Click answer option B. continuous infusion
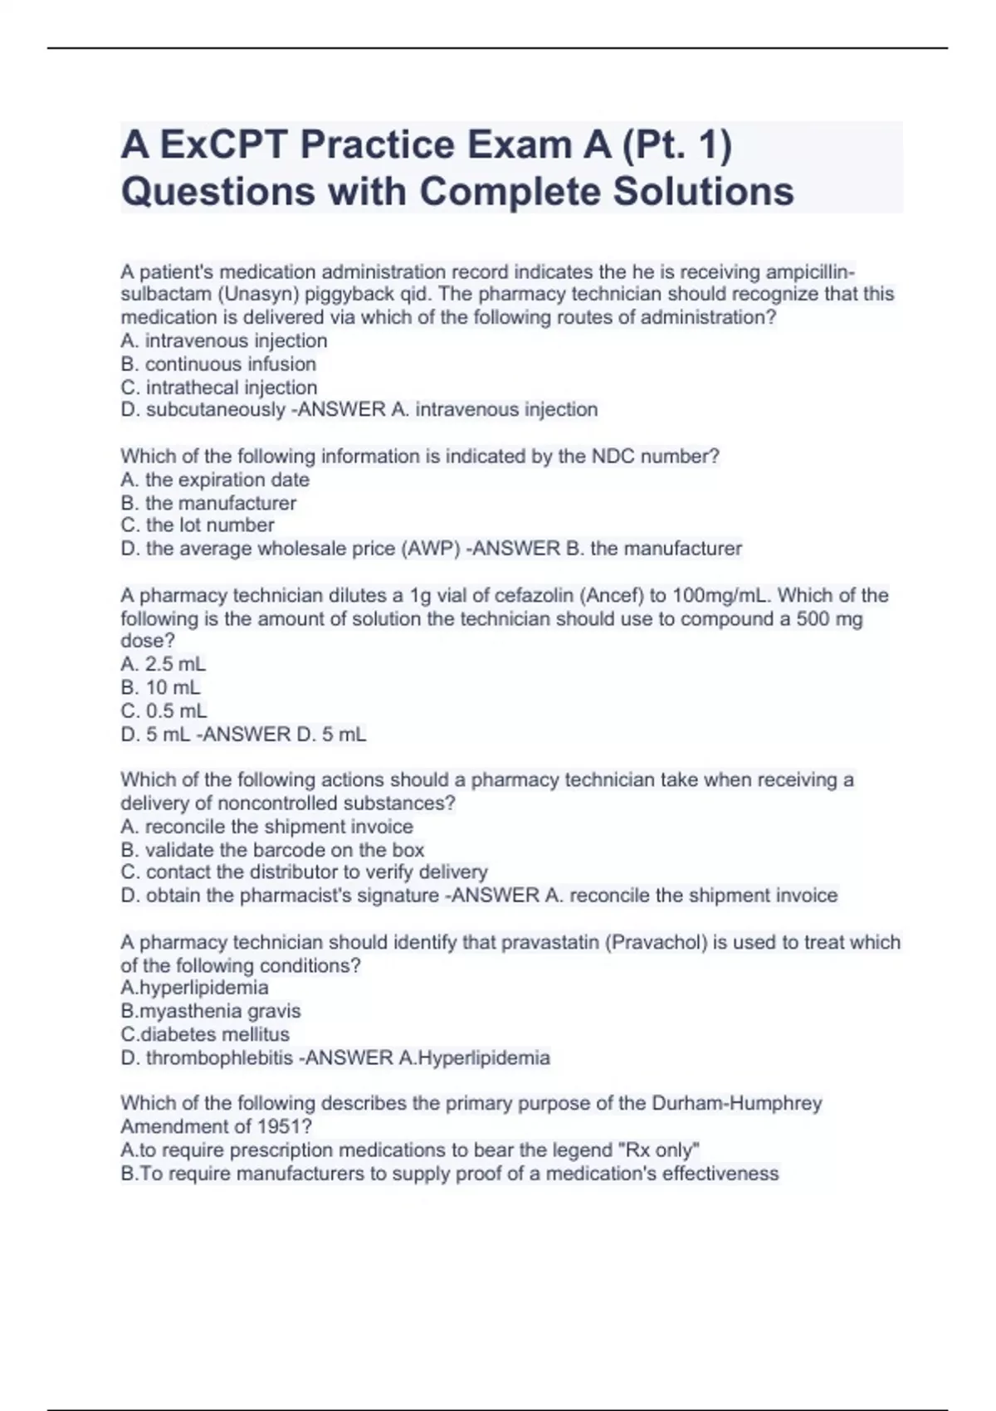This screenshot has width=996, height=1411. tap(218, 364)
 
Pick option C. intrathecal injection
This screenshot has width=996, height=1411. tap(219, 388)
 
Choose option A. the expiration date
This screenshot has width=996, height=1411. tap(215, 480)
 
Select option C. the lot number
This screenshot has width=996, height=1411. tap(198, 525)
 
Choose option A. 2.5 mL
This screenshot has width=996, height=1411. tap(164, 665)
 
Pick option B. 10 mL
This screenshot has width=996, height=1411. tap(160, 688)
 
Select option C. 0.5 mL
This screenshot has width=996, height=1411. tap(164, 711)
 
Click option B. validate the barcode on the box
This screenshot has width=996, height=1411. tap(272, 850)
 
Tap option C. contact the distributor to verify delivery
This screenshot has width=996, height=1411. tap(304, 872)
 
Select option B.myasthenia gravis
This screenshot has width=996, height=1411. tap(211, 1011)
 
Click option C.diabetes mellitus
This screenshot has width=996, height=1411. tap(205, 1034)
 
